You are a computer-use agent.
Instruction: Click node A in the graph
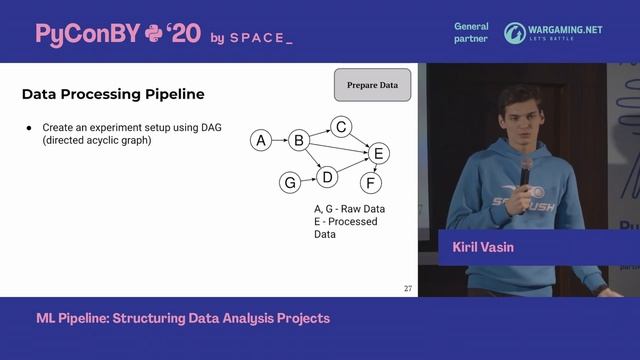tap(261, 141)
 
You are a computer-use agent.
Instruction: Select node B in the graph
tap(298, 141)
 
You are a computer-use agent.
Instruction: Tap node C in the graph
tap(341, 127)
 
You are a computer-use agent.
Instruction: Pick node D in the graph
tap(326, 177)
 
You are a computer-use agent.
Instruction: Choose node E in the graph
tap(378, 153)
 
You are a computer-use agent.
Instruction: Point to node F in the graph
tap(371, 183)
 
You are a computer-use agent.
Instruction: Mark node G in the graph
tap(290, 183)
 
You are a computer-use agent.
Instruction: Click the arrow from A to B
tap(279, 141)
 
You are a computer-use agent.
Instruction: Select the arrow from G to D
tap(308, 180)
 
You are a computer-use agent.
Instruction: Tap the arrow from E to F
tap(375, 168)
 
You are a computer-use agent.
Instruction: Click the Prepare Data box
tap(372, 85)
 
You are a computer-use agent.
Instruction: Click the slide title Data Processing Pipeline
tap(113, 94)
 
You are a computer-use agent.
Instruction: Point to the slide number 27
tap(408, 289)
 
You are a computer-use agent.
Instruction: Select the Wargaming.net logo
tap(553, 33)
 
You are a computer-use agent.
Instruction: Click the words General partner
tap(471, 33)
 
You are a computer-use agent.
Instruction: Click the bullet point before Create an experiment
tap(30, 128)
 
